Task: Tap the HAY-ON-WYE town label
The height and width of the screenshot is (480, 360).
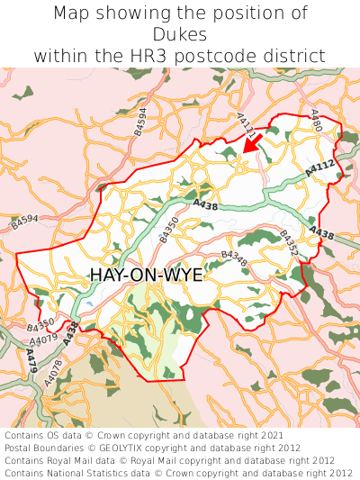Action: (x=146, y=276)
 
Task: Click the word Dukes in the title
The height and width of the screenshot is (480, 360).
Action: (x=180, y=34)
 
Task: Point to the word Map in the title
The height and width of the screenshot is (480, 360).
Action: (x=73, y=14)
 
